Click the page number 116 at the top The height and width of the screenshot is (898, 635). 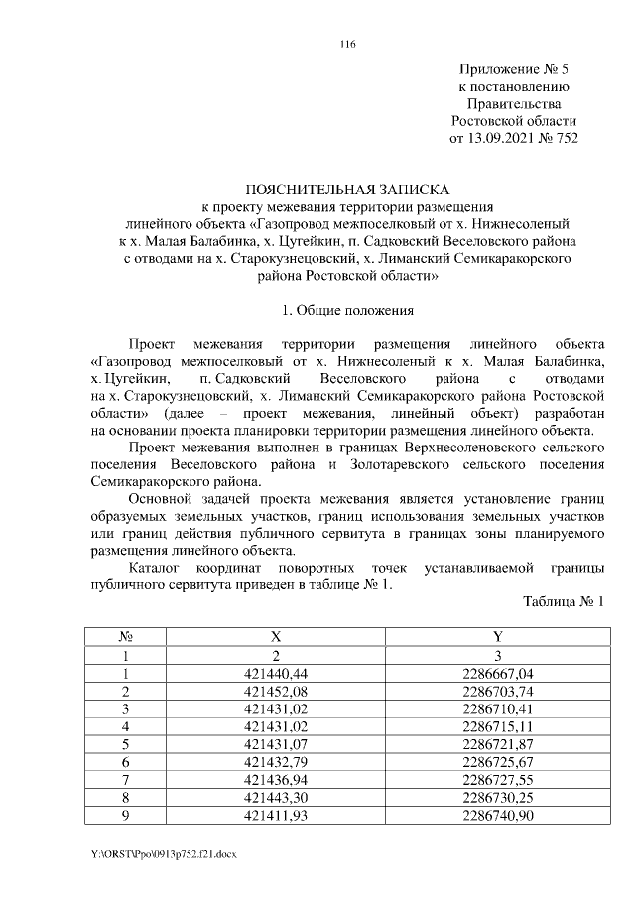(347, 44)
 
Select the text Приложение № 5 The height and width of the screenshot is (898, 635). (513, 70)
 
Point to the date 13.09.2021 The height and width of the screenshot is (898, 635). (504, 138)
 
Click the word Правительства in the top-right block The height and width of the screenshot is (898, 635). (513, 104)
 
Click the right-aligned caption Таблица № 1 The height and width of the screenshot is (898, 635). (563, 601)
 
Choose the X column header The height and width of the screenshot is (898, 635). (276, 637)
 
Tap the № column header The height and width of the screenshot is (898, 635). (126, 637)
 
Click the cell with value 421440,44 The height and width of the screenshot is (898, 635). (276, 673)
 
